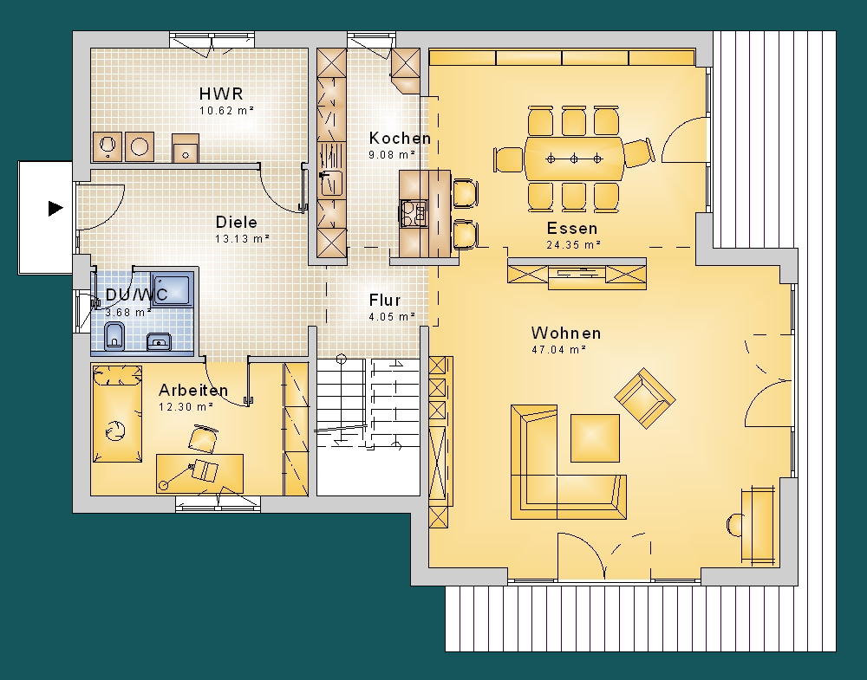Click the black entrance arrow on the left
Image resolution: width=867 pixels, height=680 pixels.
(55, 209)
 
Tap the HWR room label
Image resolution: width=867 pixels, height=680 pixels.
(221, 94)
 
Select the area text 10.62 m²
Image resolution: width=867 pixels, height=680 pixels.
(226, 111)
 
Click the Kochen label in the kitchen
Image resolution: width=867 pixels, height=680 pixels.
(400, 138)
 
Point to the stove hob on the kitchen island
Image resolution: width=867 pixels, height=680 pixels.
(414, 213)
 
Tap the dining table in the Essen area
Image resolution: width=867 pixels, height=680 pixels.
(574, 159)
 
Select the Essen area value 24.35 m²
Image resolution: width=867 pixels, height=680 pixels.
(574, 244)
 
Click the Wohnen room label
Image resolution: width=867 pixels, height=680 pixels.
(566, 334)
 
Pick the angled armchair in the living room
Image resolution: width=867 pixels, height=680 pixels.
(645, 398)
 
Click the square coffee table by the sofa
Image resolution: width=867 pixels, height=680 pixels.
(595, 438)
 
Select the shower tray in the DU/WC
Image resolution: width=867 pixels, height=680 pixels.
(172, 288)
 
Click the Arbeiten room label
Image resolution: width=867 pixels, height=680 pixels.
(193, 391)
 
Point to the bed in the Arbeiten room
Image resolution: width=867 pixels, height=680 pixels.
(117, 413)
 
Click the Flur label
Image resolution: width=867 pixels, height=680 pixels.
(385, 300)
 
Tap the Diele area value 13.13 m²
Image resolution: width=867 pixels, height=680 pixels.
(242, 239)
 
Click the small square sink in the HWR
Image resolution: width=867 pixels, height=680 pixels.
(186, 148)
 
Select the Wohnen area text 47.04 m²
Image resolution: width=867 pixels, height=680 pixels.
(558, 350)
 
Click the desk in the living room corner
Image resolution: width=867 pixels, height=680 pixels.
(758, 525)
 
